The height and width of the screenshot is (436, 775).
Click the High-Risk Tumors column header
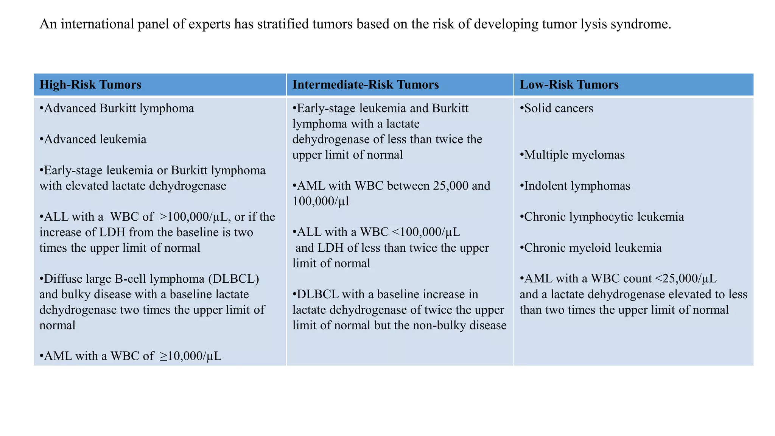[x=90, y=84]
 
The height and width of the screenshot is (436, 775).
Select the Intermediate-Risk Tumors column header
[x=366, y=84]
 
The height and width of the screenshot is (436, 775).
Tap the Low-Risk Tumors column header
[x=569, y=84]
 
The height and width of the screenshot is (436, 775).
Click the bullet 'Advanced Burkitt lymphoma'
[x=117, y=108]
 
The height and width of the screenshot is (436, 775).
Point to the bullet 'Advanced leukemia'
[x=93, y=139]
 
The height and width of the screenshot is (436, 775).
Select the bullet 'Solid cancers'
[x=557, y=108]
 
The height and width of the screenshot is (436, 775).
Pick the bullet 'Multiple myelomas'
[x=572, y=155]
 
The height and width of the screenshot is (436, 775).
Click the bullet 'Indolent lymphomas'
[x=575, y=186]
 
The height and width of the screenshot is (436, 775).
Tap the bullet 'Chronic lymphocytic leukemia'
[x=602, y=217]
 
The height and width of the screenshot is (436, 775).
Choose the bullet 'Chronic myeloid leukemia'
[x=591, y=248]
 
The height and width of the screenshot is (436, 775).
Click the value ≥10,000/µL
[x=190, y=356]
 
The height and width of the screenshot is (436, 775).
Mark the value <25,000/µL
[x=686, y=279]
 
